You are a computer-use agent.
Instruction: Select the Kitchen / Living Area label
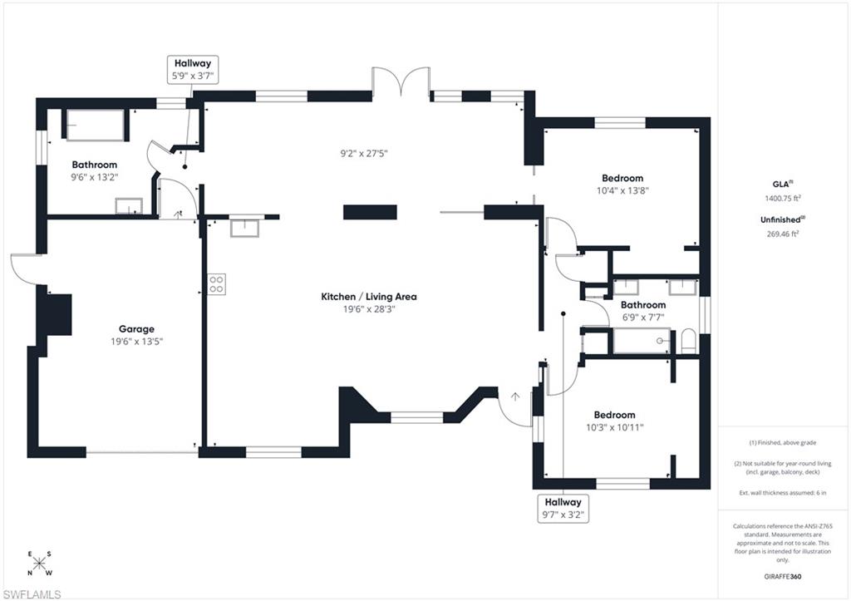click(369, 297)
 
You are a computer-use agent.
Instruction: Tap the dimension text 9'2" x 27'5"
click(364, 153)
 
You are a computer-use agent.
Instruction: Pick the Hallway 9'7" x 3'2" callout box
click(563, 508)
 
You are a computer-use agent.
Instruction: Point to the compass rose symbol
click(40, 563)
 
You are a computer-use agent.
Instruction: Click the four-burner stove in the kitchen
click(216, 283)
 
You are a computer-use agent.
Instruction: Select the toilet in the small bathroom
click(687, 341)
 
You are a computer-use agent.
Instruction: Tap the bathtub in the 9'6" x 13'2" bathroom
click(96, 125)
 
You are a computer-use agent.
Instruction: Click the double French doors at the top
click(401, 83)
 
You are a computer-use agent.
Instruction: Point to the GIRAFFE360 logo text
click(784, 576)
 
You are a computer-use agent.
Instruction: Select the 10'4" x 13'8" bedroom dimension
click(622, 190)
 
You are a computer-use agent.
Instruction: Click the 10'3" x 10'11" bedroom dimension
click(614, 427)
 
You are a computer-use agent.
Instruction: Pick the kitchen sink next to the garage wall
click(245, 225)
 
